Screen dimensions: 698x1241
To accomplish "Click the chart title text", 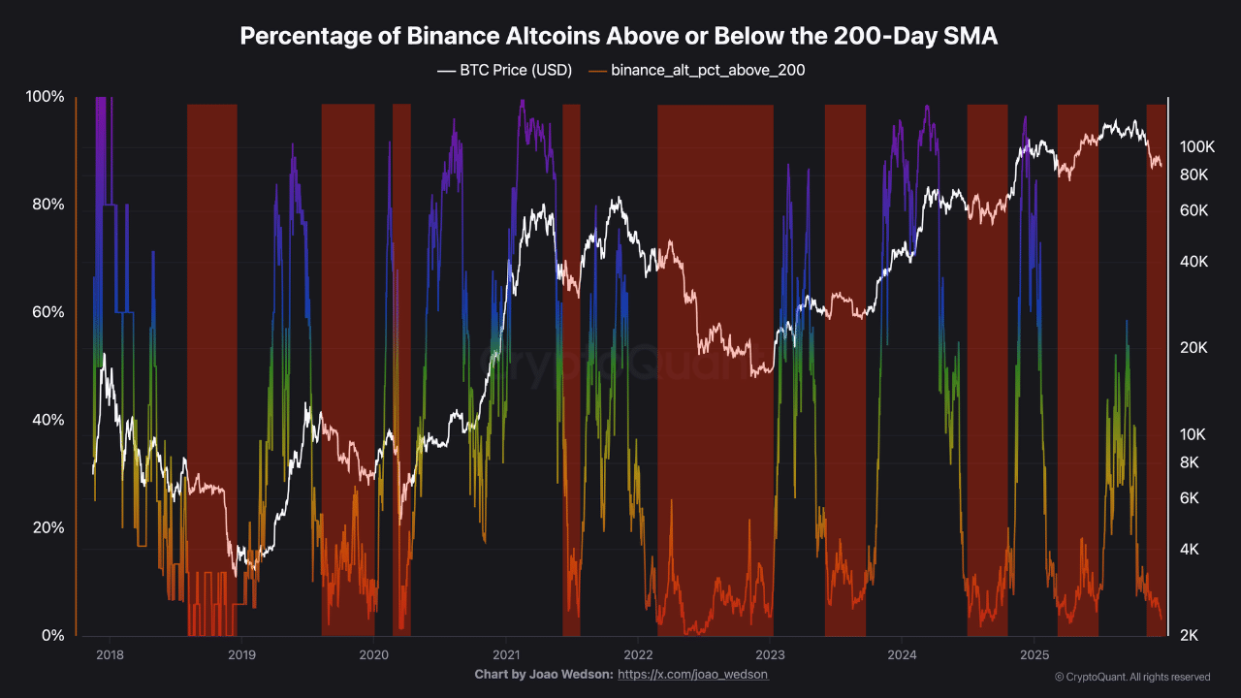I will [x=620, y=37].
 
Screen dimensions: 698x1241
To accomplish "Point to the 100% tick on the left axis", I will [x=45, y=97].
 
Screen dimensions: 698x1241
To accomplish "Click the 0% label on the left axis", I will [x=52, y=635].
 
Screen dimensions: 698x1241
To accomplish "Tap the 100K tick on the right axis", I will [x=1196, y=147].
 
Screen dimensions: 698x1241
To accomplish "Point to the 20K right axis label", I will [x=1193, y=348].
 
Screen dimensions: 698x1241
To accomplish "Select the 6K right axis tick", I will [x=1190, y=498].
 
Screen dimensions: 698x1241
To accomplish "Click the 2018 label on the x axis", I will [x=110, y=654].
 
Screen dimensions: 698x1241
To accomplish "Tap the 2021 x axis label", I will [x=505, y=654].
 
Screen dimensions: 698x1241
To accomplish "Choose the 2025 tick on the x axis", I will [x=1034, y=654].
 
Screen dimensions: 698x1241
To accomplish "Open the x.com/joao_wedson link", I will [x=692, y=674].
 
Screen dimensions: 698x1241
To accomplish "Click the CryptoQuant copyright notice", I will [x=1131, y=677].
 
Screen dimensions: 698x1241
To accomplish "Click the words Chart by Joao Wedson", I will [x=543, y=674].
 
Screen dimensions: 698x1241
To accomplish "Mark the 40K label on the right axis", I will [x=1193, y=262].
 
